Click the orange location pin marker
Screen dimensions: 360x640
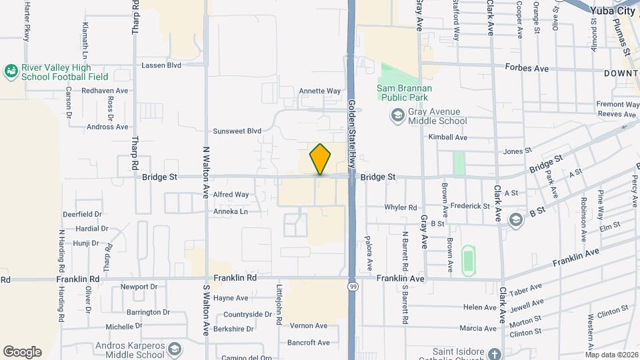point(320,159)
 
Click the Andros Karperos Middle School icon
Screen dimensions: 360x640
point(175,349)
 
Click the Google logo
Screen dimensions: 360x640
point(22,352)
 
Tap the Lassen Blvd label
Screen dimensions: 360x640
point(161,65)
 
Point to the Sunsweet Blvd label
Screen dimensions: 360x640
point(237,131)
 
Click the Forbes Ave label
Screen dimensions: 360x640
point(527,68)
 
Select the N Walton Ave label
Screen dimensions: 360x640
point(206,183)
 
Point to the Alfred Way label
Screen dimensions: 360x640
point(231,195)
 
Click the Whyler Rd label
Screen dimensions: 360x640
point(401,207)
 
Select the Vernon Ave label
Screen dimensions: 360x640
point(308,325)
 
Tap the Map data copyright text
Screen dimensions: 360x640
point(611,354)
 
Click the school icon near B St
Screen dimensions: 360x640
point(515,219)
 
